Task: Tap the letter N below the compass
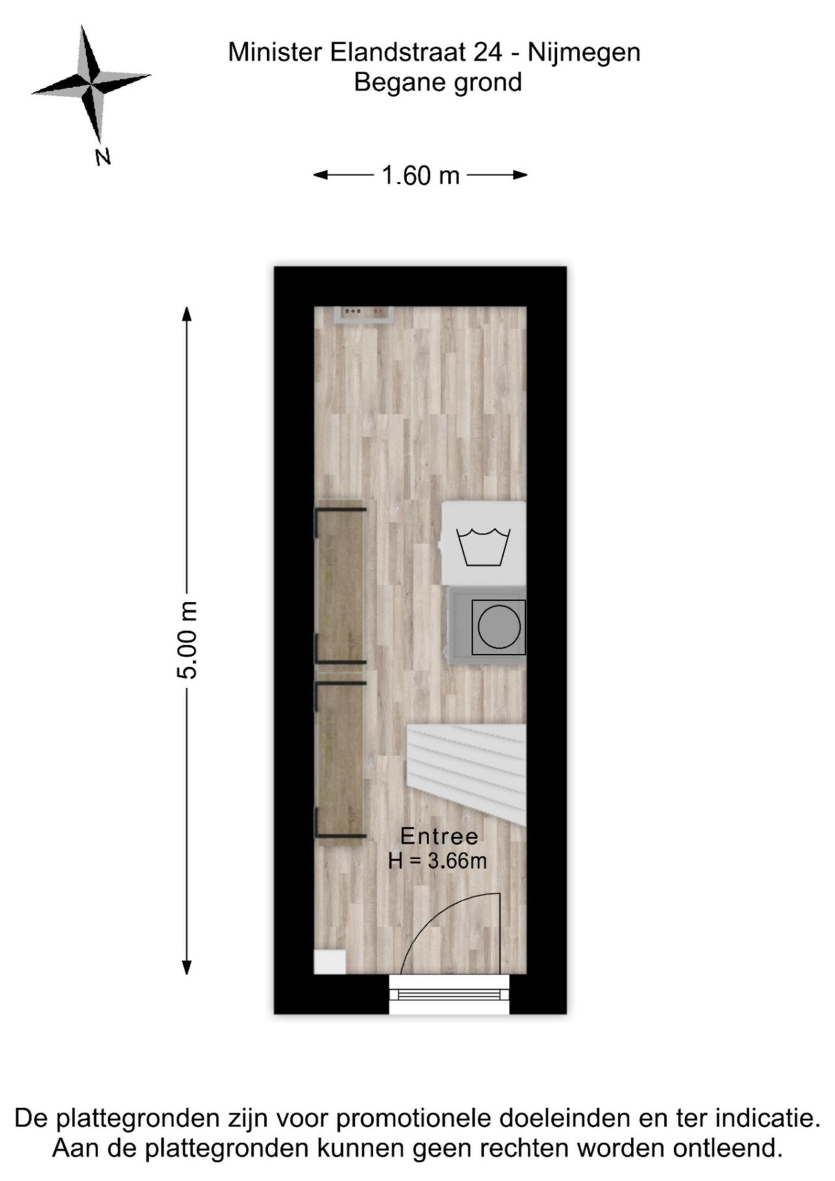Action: pos(102,157)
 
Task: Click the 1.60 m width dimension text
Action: pos(420,175)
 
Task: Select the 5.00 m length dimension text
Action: pos(187,639)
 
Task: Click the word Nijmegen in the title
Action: pos(584,53)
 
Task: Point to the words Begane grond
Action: pos(438,82)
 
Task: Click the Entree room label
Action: pos(439,836)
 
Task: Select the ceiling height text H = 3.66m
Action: pos(438,861)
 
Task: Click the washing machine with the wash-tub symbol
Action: pos(484,543)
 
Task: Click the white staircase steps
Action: pos(466,774)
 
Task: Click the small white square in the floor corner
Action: pos(329,962)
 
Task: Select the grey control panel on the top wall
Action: pos(363,314)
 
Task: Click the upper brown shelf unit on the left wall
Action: pos(341,584)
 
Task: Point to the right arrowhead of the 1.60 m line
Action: pos(520,175)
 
